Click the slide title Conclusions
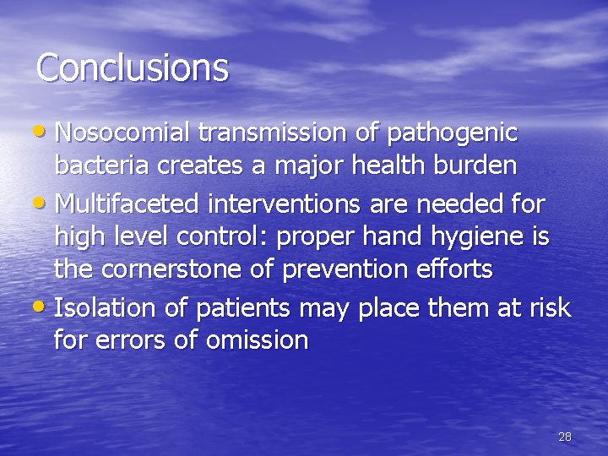(133, 68)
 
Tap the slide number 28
(565, 437)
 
